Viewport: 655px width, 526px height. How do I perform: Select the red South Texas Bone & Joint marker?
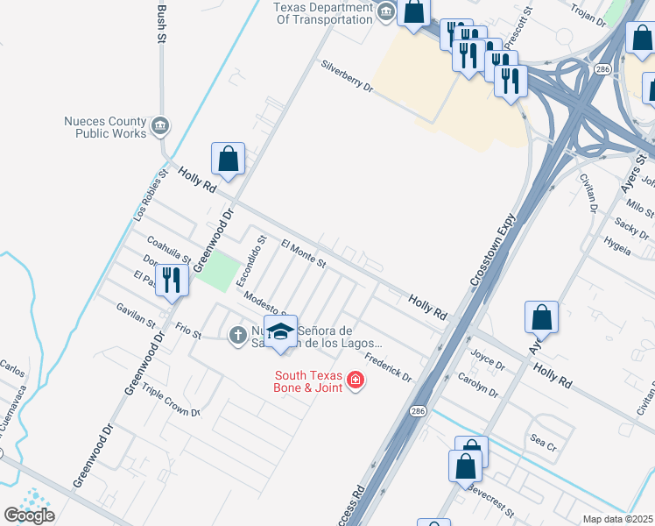click(x=356, y=380)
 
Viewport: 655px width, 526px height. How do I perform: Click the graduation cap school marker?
click(x=280, y=332)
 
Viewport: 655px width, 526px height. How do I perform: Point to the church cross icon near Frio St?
click(x=237, y=335)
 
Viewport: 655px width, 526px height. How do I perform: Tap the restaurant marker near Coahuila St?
click(x=173, y=281)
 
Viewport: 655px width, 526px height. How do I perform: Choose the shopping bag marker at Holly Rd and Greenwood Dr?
click(x=228, y=160)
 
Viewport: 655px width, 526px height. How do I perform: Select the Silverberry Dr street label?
click(x=347, y=77)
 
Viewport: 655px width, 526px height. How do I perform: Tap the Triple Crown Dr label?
click(x=171, y=402)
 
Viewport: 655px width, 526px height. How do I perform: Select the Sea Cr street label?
click(x=543, y=444)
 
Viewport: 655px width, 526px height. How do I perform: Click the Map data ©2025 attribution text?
click(x=618, y=519)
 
